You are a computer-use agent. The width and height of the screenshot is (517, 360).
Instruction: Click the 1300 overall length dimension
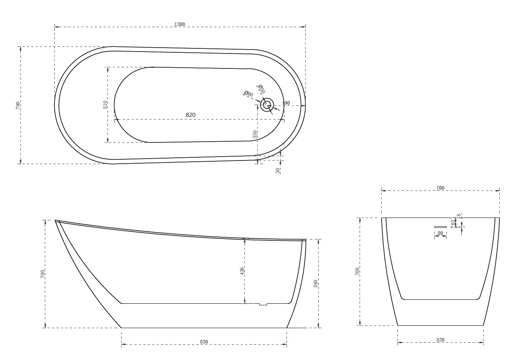(179, 24)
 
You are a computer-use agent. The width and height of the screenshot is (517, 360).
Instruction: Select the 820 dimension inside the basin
(190, 115)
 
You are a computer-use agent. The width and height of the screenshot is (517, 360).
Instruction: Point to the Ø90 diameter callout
(248, 94)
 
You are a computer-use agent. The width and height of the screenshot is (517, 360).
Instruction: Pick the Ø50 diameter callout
(261, 89)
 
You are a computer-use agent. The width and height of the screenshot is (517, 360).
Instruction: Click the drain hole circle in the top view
(267, 105)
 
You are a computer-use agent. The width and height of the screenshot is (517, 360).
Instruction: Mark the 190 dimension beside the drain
(286, 103)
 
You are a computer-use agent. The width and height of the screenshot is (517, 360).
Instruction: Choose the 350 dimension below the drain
(255, 134)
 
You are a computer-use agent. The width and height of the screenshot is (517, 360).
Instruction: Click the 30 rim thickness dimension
(278, 170)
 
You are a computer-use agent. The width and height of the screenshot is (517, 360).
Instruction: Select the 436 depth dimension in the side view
(242, 271)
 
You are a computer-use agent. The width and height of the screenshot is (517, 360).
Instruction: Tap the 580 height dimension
(316, 283)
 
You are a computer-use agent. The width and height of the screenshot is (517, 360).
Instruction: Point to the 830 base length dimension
(204, 342)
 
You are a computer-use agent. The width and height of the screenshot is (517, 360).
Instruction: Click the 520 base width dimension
(440, 340)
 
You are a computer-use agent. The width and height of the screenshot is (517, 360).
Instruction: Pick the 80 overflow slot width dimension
(440, 233)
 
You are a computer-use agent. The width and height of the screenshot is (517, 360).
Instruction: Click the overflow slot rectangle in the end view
(440, 227)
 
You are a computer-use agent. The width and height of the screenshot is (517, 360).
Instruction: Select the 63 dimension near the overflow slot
(453, 223)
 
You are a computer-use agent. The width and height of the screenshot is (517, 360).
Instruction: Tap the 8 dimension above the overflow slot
(459, 215)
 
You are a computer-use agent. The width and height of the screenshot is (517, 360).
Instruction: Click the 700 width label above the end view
(440, 188)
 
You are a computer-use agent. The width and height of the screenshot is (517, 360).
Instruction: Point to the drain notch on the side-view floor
(263, 304)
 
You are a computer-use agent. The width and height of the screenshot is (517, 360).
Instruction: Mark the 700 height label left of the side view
(42, 274)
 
